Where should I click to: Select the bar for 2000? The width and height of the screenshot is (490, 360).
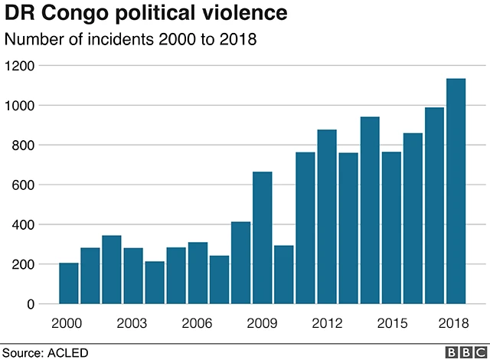(x=69, y=283)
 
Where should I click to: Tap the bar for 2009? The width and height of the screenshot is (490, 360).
(x=263, y=237)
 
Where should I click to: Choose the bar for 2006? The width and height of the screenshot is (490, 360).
(x=198, y=273)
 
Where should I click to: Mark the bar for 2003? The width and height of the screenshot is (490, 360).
(x=133, y=276)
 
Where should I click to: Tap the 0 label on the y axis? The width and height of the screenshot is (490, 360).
(x=31, y=305)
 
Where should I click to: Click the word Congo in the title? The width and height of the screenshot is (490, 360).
(x=69, y=14)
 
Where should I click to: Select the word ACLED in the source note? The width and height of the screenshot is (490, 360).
(x=69, y=352)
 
